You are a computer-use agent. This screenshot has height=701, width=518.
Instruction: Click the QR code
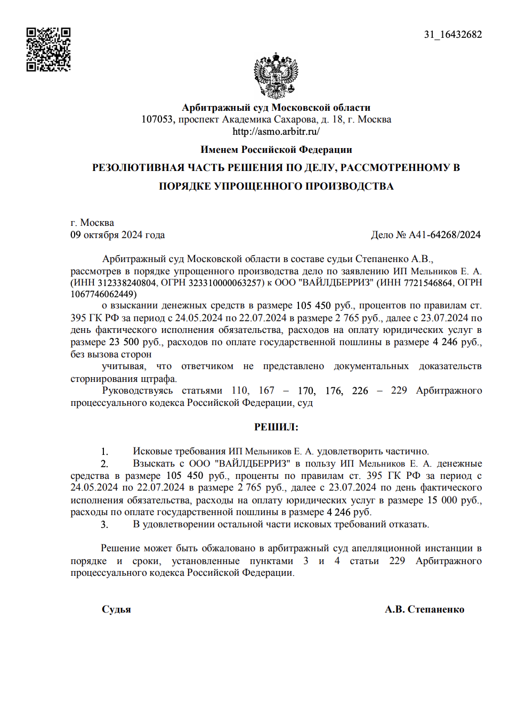pos(48,50)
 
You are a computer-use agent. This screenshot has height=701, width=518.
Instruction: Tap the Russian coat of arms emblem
pos(276,76)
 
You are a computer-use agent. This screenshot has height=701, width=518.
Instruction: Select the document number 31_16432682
pos(452,35)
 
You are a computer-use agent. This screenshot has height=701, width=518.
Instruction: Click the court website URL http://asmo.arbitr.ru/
pos(276,132)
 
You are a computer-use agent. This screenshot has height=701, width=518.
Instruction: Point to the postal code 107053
pos(158,119)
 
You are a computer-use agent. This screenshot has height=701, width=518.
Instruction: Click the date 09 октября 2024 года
pos(117,235)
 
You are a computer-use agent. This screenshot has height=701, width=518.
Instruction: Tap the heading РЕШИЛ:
pos(276,427)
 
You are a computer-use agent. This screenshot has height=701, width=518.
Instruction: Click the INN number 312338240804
pos(127,283)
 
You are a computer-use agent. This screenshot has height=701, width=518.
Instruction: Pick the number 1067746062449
pos(102,295)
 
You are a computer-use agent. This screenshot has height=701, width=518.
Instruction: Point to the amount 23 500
pos(124,342)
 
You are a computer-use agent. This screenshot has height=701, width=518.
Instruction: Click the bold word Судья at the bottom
pos(116,609)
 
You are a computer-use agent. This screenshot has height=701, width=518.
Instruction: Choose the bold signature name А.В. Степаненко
pos(424,609)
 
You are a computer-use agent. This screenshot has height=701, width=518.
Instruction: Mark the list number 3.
pos(104,525)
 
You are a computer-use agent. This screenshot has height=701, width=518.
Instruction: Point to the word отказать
pos(410,525)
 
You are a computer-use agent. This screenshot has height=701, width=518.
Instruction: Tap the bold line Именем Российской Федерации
pos(276,150)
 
